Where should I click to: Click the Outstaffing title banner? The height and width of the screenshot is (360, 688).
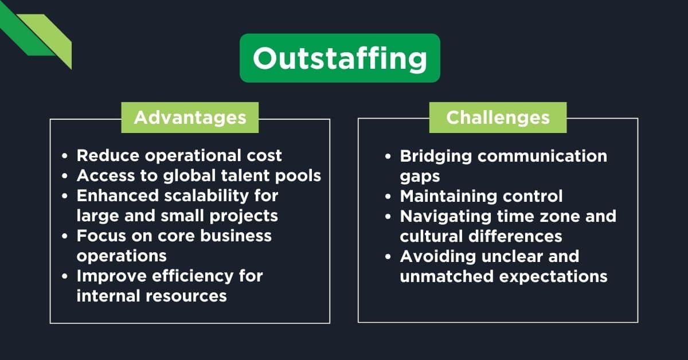[339, 58]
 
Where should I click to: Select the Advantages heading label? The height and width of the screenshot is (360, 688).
[190, 118]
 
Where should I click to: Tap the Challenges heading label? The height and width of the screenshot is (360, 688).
[498, 118]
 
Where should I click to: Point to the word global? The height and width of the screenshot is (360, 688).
[190, 176]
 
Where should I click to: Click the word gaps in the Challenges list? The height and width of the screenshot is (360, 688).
[420, 176]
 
